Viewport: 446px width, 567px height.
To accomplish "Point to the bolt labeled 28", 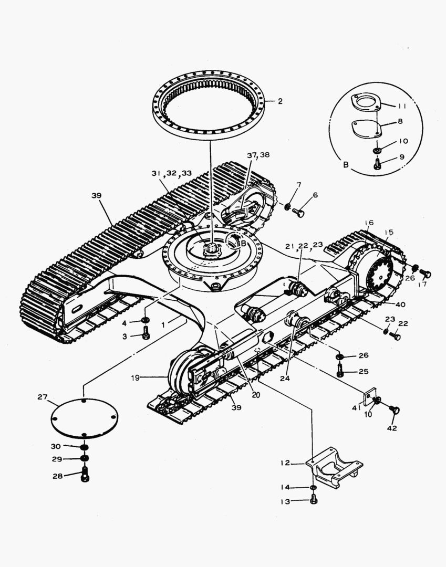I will (86, 476).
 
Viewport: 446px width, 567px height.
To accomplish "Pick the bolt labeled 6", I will (298, 212).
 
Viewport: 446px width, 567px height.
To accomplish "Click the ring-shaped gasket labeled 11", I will (366, 102).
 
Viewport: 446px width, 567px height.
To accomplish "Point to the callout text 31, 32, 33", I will (172, 173).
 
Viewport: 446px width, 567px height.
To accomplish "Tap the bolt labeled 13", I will (314, 500).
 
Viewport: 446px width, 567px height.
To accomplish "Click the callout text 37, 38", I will (258, 155).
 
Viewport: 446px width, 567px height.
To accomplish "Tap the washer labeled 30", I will (84, 447).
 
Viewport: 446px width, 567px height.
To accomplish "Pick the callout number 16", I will (369, 223).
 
